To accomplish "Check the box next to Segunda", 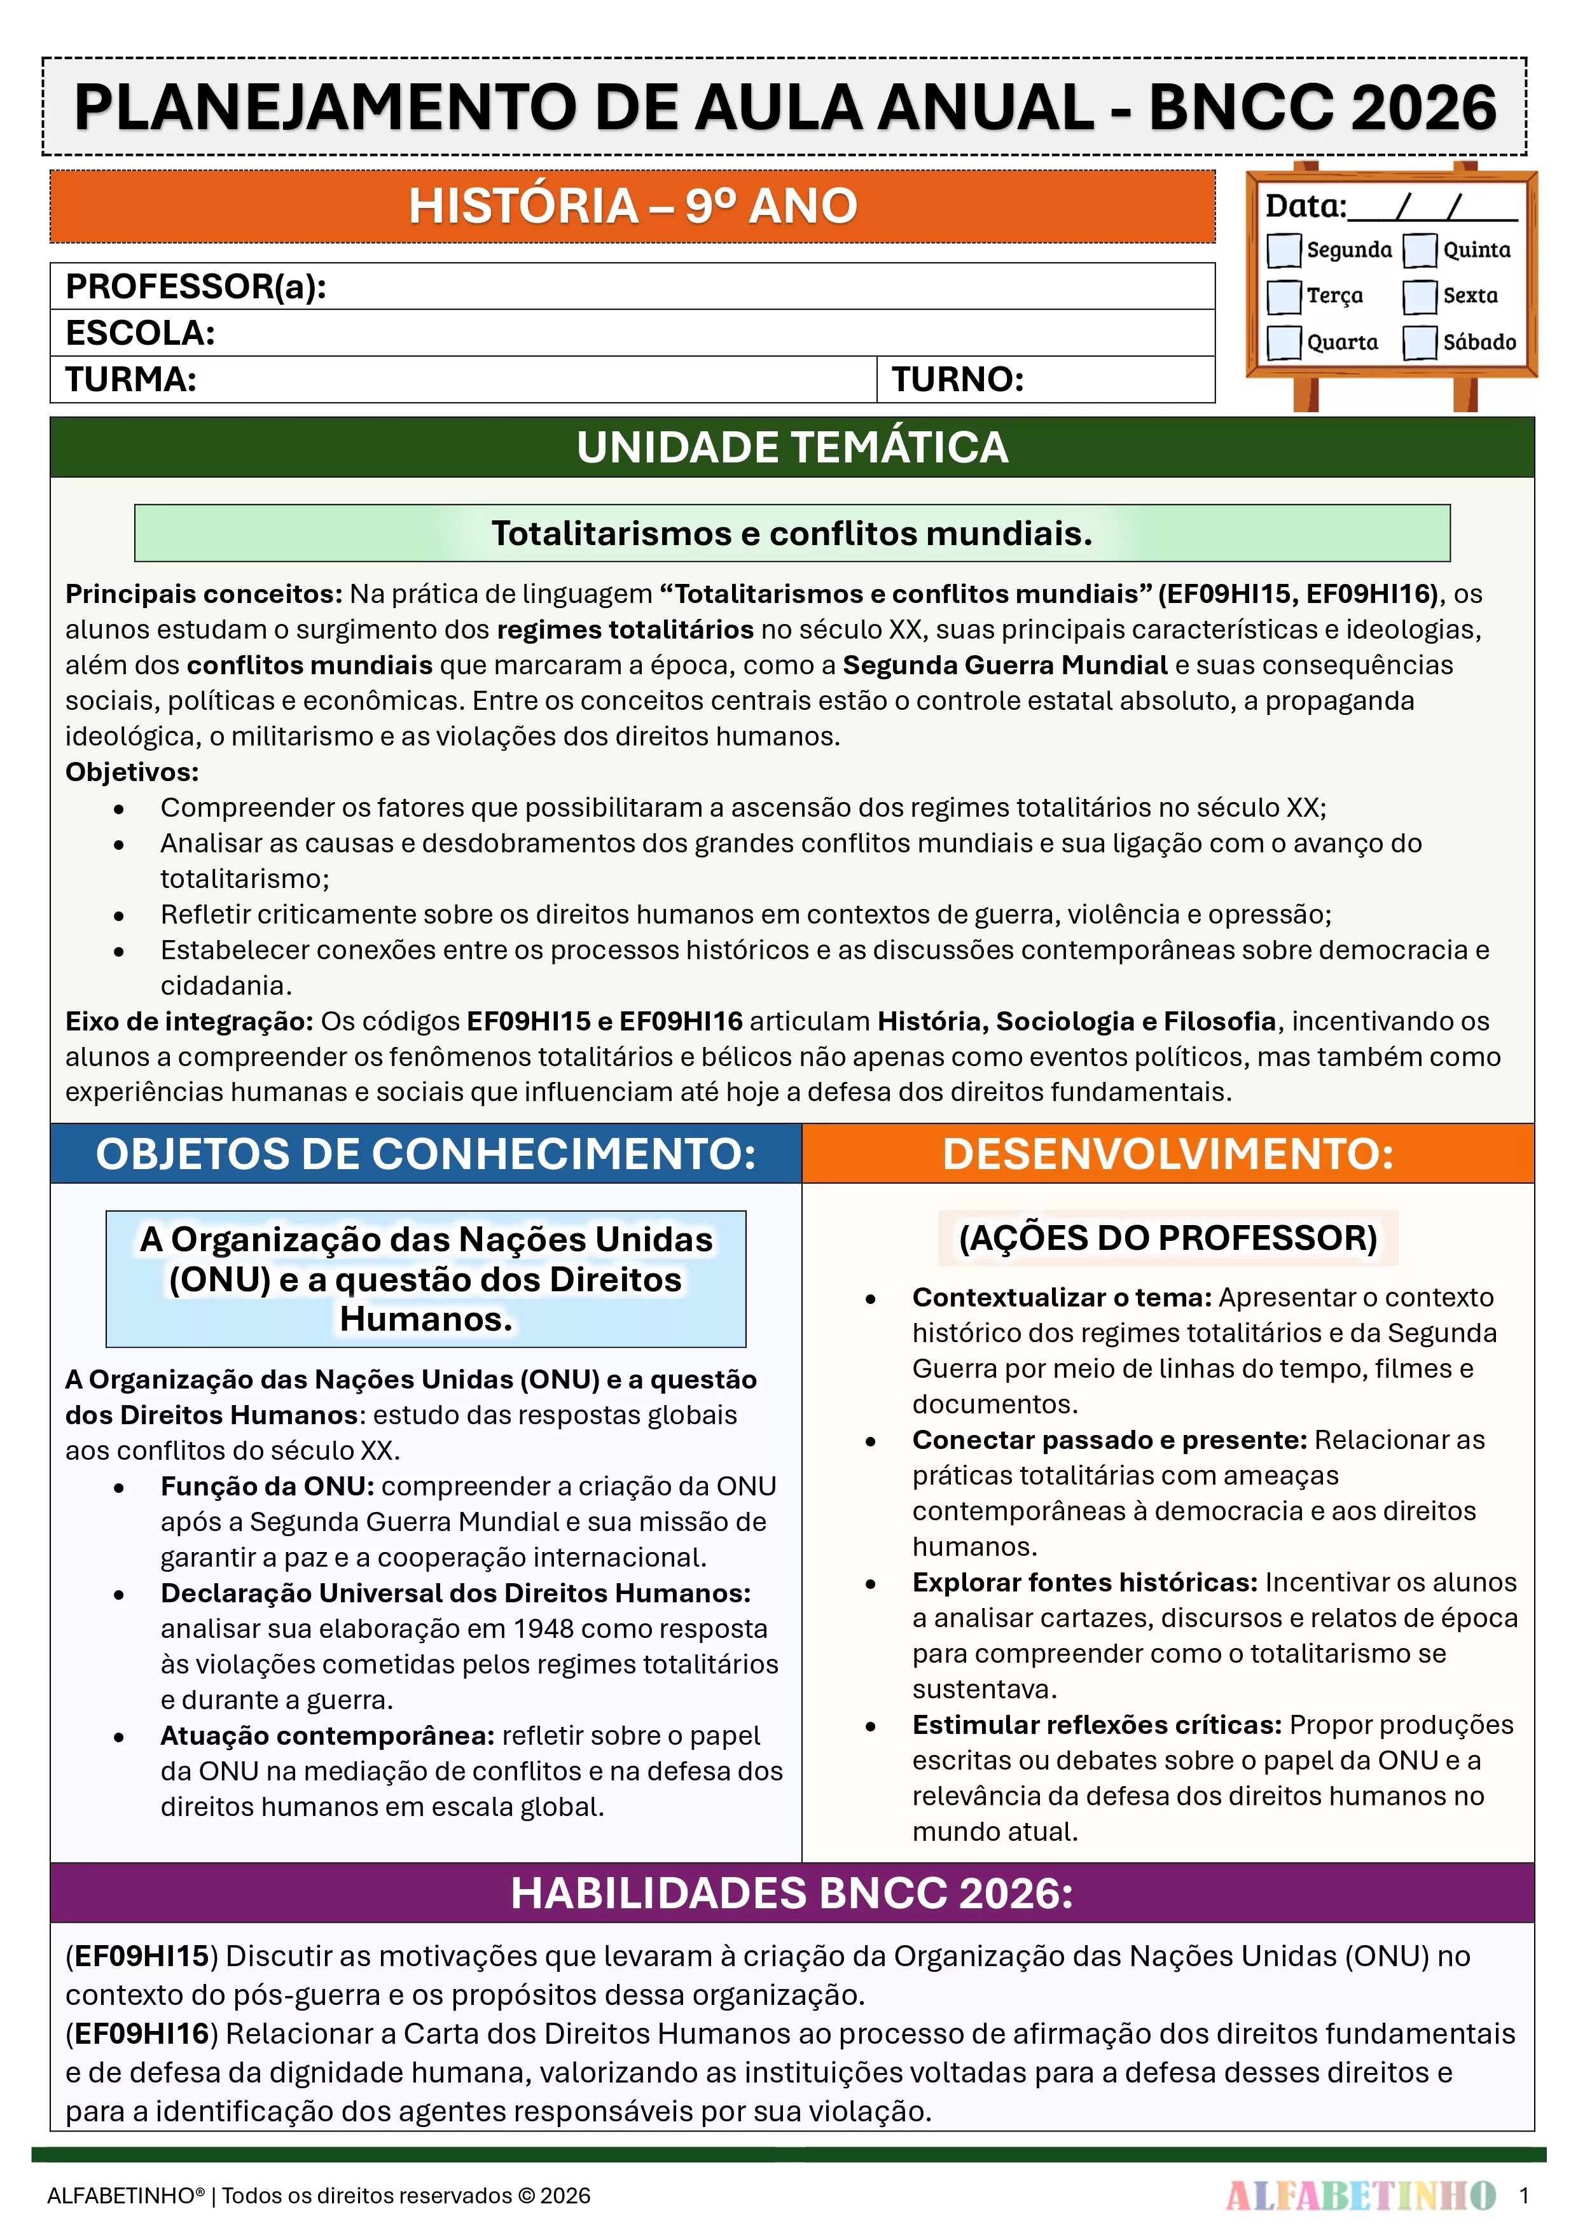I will click(x=1284, y=250).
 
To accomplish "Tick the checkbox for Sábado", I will click(x=1420, y=342).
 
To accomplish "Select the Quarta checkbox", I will click(x=1284, y=342).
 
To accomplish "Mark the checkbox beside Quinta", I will click(x=1420, y=250).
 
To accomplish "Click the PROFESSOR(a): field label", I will click(x=195, y=287).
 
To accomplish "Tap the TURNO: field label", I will click(x=958, y=379).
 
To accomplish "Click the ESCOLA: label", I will click(x=140, y=333).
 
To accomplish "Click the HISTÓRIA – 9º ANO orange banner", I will click(x=632, y=206).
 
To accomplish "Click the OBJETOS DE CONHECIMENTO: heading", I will click(x=426, y=1154).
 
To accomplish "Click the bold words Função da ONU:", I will click(x=267, y=1487).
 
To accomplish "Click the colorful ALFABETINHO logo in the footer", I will click(x=1360, y=2195).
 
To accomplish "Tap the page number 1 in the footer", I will click(x=1523, y=2195).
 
